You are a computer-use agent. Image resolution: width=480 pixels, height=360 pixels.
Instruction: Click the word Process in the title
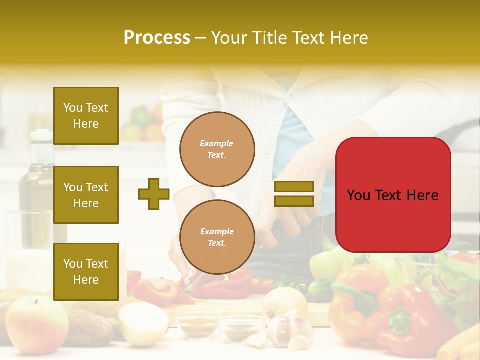pyautogui.click(x=157, y=38)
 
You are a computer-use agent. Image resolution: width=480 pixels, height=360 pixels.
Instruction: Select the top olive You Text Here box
pyautogui.click(x=86, y=116)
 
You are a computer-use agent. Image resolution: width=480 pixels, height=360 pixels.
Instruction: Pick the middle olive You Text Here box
pyautogui.click(x=86, y=195)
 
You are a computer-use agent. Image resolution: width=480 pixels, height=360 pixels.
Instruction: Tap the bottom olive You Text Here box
pyautogui.click(x=86, y=272)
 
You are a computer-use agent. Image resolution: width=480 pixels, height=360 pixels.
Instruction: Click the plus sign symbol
pyautogui.click(x=154, y=194)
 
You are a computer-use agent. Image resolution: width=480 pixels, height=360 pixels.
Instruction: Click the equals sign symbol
pyautogui.click(x=294, y=194)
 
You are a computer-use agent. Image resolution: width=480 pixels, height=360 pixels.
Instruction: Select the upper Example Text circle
pyautogui.click(x=217, y=149)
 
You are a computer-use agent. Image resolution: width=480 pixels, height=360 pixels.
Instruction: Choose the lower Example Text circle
pyautogui.click(x=217, y=237)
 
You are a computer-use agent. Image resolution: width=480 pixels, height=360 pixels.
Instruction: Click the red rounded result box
pyautogui.click(x=393, y=195)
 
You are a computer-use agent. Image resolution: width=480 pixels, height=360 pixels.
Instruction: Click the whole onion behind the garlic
pyautogui.click(x=285, y=302)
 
